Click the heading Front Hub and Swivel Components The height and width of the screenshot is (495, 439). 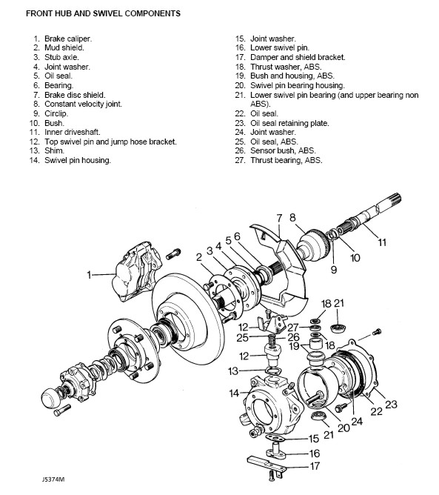(103, 13)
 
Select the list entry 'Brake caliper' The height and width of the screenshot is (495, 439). (63, 39)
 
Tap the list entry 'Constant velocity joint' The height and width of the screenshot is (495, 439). (78, 104)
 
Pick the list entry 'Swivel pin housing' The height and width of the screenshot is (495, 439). (70, 160)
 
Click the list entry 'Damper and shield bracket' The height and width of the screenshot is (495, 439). (290, 58)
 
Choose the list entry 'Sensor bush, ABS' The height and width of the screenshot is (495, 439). (275, 151)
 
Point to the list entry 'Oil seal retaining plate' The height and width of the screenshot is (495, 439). (282, 123)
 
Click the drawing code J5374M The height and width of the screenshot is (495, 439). (53, 479)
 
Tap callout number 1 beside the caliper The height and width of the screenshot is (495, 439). (89, 275)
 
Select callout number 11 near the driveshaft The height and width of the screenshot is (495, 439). (382, 242)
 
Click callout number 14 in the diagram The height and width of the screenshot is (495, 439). (234, 393)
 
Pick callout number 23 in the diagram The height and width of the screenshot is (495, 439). (391, 405)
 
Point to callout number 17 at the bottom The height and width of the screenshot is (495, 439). (315, 466)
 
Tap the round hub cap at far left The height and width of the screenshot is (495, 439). (51, 399)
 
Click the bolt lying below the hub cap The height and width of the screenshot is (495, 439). (62, 410)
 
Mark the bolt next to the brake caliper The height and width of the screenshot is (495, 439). (172, 253)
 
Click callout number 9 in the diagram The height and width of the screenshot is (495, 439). (334, 270)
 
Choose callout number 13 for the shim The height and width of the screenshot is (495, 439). (233, 371)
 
